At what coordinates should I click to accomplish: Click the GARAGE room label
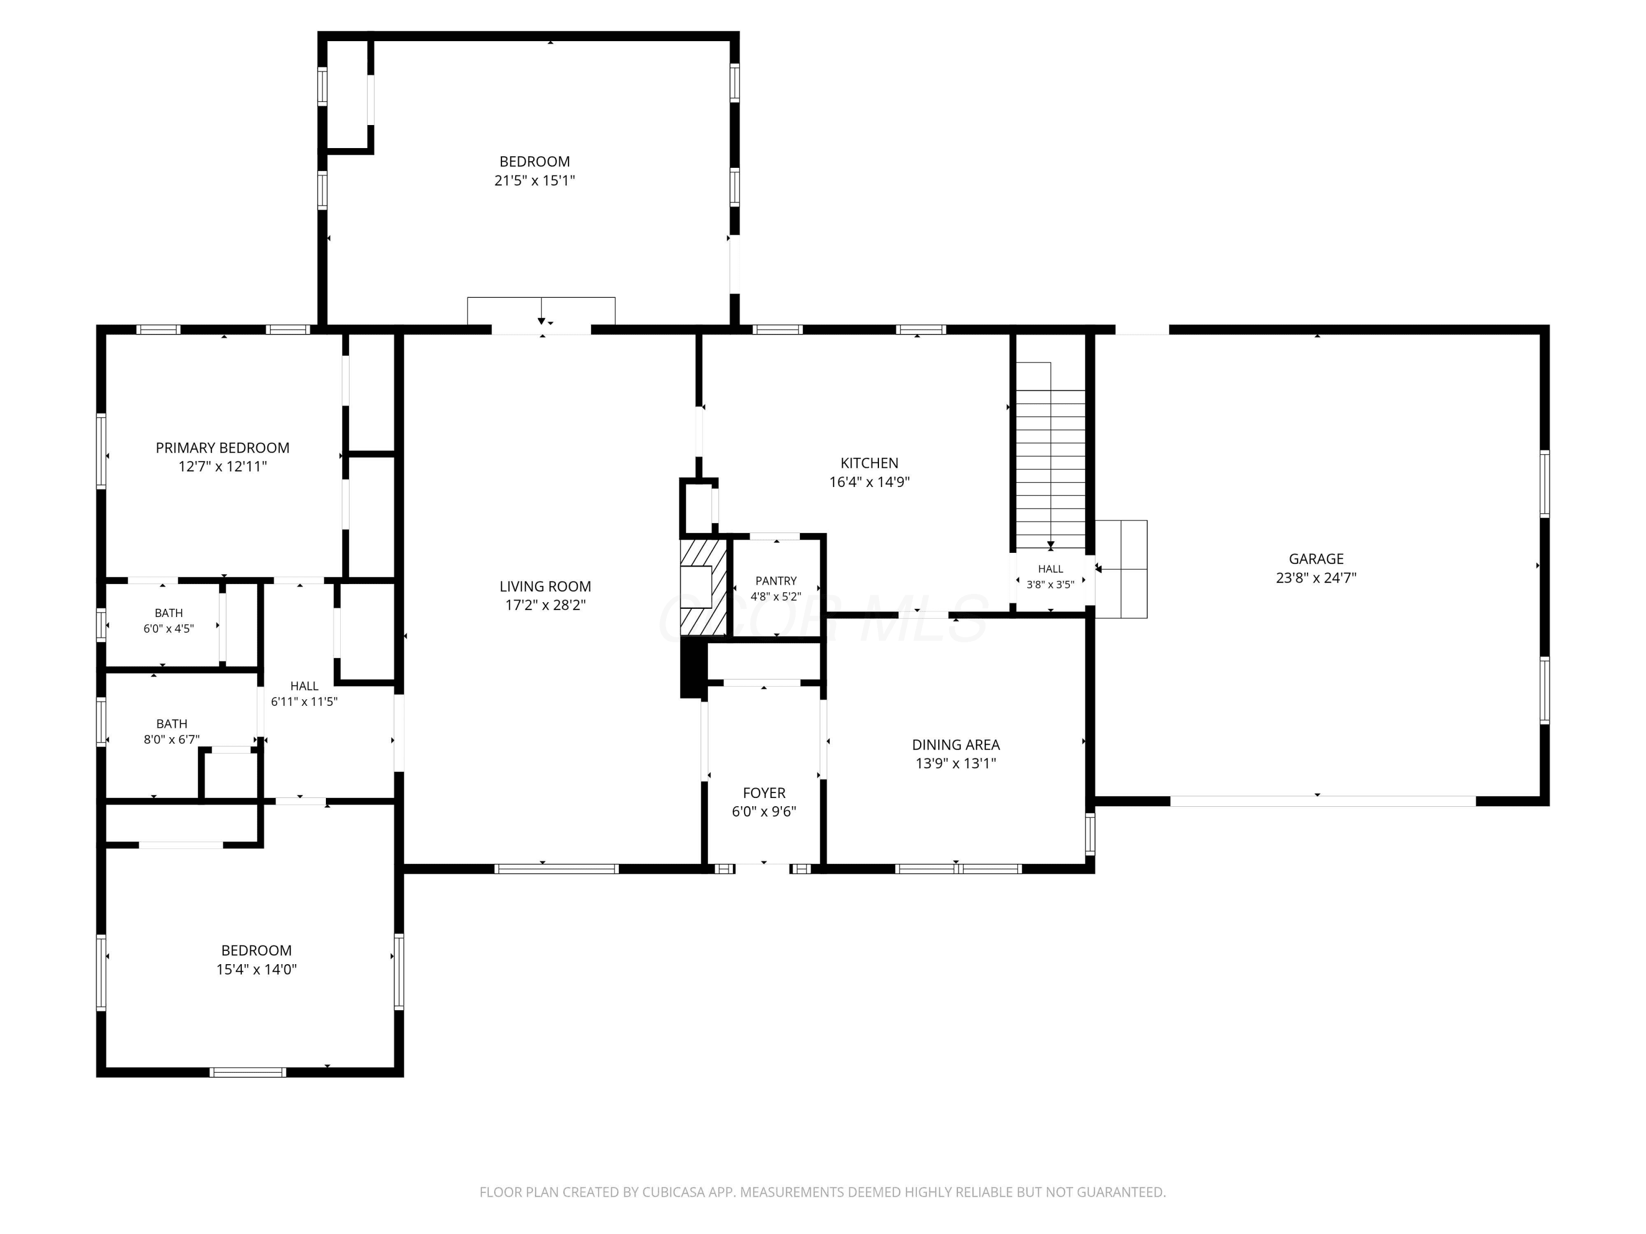click(x=1316, y=559)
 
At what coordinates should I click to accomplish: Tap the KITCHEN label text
click(x=869, y=463)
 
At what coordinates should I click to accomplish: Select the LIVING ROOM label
click(x=545, y=586)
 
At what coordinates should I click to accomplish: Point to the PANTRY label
click(x=775, y=581)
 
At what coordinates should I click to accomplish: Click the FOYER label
click(x=764, y=793)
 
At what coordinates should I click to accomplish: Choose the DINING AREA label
click(x=955, y=745)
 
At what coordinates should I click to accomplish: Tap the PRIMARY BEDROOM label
click(x=223, y=448)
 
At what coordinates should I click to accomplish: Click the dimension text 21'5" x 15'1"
click(x=534, y=180)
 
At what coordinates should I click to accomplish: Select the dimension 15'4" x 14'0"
click(x=256, y=969)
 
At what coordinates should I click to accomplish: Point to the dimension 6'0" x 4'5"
click(x=168, y=629)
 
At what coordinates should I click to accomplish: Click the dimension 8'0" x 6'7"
click(x=171, y=739)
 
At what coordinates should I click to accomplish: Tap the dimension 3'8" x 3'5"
click(x=1050, y=585)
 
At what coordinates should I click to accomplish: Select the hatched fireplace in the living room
click(x=703, y=587)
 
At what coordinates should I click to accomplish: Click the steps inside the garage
click(x=1121, y=569)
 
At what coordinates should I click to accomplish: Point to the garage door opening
click(x=1322, y=801)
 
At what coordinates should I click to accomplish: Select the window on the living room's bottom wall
click(x=556, y=868)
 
